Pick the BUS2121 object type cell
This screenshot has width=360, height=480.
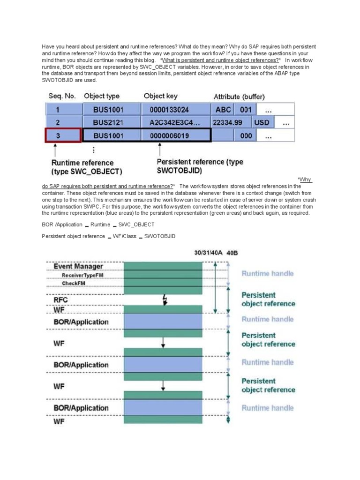(112, 122)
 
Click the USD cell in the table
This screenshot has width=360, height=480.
(262, 122)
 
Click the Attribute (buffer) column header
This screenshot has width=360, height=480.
(239, 97)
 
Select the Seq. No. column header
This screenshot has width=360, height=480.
(62, 96)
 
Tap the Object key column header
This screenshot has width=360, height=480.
(161, 96)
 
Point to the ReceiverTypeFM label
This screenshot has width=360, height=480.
(82, 276)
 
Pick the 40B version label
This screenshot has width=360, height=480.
(232, 253)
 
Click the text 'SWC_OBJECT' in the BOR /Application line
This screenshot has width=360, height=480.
(137, 225)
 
